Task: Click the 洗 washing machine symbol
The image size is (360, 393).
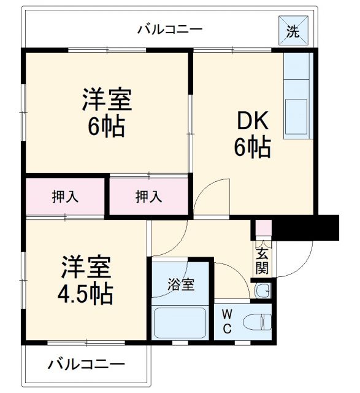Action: pyautogui.click(x=294, y=31)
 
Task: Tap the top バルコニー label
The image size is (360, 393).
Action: pyautogui.click(x=170, y=29)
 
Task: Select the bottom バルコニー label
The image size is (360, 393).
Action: pyautogui.click(x=86, y=364)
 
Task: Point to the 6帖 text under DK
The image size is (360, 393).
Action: pyautogui.click(x=251, y=147)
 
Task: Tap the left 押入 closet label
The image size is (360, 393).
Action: pyautogui.click(x=66, y=196)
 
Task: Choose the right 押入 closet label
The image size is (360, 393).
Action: pyautogui.click(x=148, y=196)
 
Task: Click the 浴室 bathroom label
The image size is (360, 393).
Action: pyautogui.click(x=182, y=285)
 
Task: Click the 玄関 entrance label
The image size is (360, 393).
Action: pyautogui.click(x=262, y=260)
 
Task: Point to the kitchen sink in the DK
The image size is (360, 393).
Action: pyautogui.click(x=298, y=114)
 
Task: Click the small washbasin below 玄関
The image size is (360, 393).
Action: pyautogui.click(x=262, y=290)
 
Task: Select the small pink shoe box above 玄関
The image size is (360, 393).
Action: pyautogui.click(x=262, y=228)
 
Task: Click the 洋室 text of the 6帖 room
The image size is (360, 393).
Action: pyautogui.click(x=107, y=99)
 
